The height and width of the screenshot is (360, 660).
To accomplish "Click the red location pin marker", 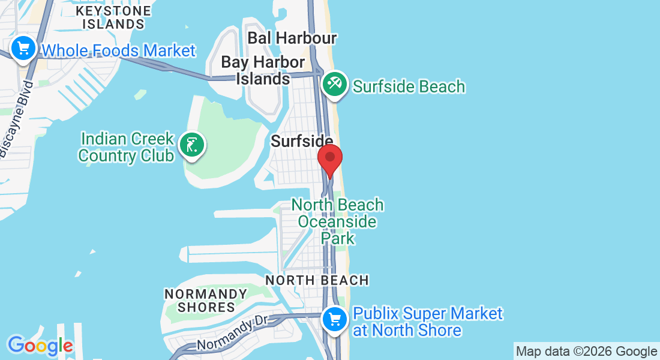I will (x=329, y=159).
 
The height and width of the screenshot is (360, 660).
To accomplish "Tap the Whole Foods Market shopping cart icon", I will (x=23, y=48).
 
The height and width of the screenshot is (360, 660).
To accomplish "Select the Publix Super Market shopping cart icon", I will (x=334, y=319).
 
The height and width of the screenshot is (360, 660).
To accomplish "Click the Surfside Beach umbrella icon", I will (x=334, y=84).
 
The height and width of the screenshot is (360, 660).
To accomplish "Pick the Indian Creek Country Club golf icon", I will (x=191, y=145).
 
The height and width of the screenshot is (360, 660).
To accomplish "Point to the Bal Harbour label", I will (x=292, y=38).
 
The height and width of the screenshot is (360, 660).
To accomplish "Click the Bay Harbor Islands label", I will (x=263, y=70).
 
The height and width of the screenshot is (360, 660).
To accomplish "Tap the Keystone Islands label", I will (x=113, y=17).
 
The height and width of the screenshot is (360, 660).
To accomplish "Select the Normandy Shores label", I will (x=206, y=301).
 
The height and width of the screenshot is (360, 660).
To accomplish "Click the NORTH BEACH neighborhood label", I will (x=317, y=280).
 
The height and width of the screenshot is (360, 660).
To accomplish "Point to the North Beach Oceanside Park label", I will (x=337, y=221).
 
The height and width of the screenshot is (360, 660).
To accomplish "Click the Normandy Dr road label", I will (x=231, y=334).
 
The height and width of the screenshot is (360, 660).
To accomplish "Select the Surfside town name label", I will (x=302, y=141).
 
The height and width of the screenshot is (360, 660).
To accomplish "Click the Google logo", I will (x=40, y=346).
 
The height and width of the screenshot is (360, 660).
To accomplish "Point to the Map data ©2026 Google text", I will (x=586, y=352).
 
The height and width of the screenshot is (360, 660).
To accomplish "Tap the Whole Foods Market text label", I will (x=119, y=50).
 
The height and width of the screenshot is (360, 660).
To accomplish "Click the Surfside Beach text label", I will (x=409, y=86).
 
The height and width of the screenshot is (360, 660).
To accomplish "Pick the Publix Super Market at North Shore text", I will (x=427, y=322).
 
